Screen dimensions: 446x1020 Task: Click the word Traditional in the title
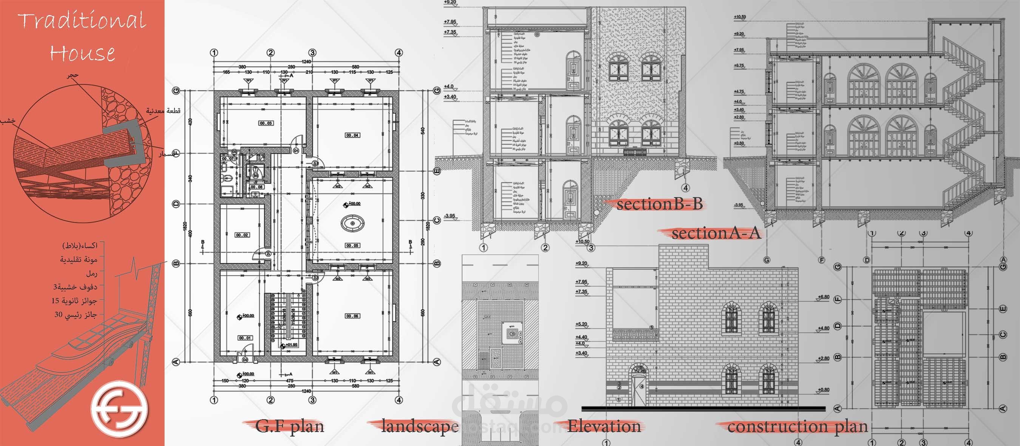click(x=82, y=20)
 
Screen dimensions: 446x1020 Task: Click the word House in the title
click(x=82, y=53)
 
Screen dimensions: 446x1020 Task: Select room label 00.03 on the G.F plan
click(x=266, y=123)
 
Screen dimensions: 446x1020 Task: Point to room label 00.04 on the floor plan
click(x=352, y=135)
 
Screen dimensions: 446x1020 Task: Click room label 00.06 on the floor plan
click(x=352, y=316)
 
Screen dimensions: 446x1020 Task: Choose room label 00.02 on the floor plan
click(x=242, y=235)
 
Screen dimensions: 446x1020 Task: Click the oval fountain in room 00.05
click(x=352, y=224)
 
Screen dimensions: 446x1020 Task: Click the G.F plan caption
click(x=290, y=426)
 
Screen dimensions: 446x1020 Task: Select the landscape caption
click(x=420, y=426)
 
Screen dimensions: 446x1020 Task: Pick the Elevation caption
click(x=604, y=426)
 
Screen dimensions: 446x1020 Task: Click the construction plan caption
click(x=797, y=427)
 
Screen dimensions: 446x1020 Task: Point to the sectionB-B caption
click(x=659, y=204)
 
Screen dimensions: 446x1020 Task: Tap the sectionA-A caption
click(x=716, y=233)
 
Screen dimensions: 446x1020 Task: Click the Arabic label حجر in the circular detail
click(x=73, y=75)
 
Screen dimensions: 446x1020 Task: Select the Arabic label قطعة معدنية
click(x=163, y=110)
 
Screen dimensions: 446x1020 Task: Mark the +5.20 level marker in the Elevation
click(x=581, y=324)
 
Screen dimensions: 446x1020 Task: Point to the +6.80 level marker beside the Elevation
click(x=823, y=297)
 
